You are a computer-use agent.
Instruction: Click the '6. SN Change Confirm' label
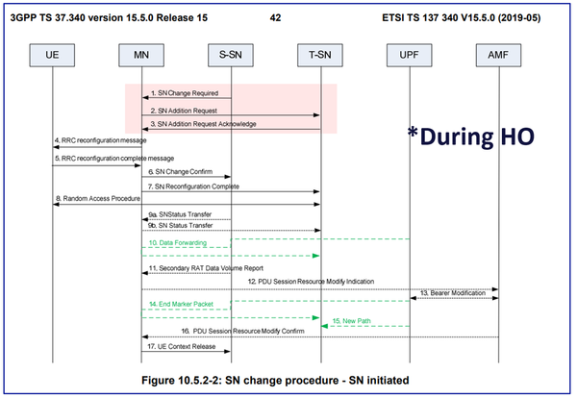click(x=182, y=170)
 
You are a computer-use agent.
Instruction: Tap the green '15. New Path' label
click(x=350, y=320)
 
